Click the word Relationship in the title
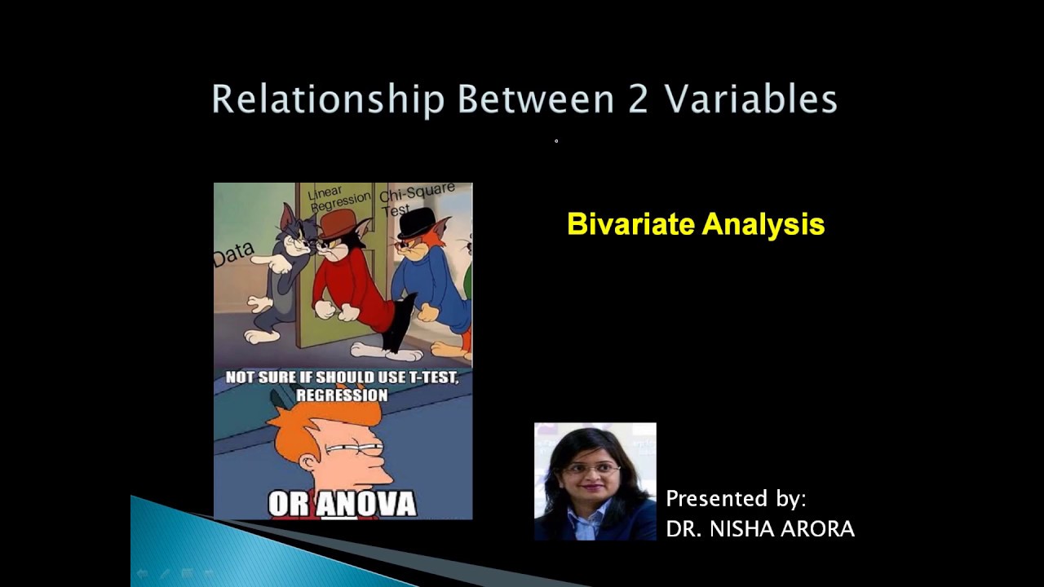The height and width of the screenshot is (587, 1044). click(x=328, y=100)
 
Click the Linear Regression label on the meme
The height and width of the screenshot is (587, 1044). click(x=338, y=199)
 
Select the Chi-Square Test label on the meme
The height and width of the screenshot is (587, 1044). click(x=416, y=201)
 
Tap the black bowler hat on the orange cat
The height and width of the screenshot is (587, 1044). click(x=415, y=222)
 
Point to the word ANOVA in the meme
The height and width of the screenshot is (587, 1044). click(x=366, y=503)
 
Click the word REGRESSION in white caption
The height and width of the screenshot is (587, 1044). click(x=342, y=395)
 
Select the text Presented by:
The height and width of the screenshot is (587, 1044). click(x=736, y=499)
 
